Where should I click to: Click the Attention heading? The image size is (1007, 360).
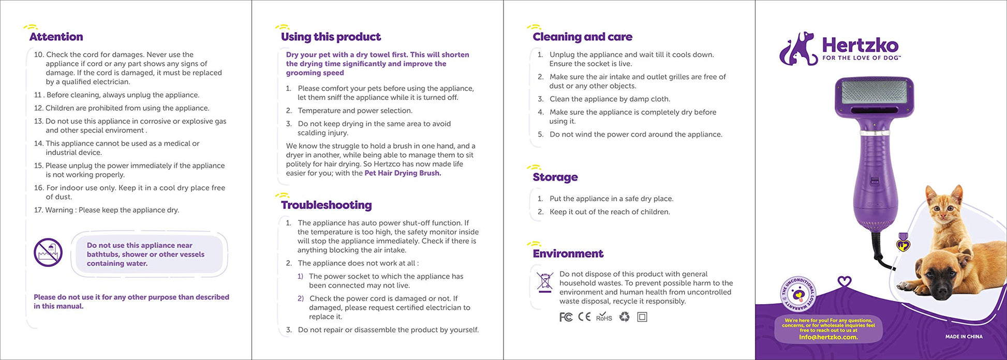coord(56,37)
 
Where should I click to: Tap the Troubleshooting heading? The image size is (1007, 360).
coord(326,205)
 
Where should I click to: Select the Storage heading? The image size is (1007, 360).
coord(555,177)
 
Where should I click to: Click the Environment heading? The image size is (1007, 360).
coord(568,253)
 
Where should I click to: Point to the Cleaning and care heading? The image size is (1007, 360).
coord(582,37)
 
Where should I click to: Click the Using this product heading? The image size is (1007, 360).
coord(331,37)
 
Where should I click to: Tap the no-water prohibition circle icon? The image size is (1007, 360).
coord(48,252)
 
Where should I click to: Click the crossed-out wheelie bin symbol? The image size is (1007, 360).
coord(544,282)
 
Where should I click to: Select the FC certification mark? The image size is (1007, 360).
coord(566,317)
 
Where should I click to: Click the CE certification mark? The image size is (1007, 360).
coord(584,317)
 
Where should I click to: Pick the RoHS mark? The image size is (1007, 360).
coord(604,317)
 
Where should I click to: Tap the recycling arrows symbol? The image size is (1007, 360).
coord(625,317)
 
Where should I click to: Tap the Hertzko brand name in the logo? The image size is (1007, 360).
coord(860,45)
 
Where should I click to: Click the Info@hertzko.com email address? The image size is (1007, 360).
coord(828,337)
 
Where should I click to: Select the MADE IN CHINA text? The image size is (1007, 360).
coord(964,337)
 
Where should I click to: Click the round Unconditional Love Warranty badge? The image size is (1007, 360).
coord(797,294)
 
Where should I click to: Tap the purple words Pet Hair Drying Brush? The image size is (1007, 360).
coord(403,173)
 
